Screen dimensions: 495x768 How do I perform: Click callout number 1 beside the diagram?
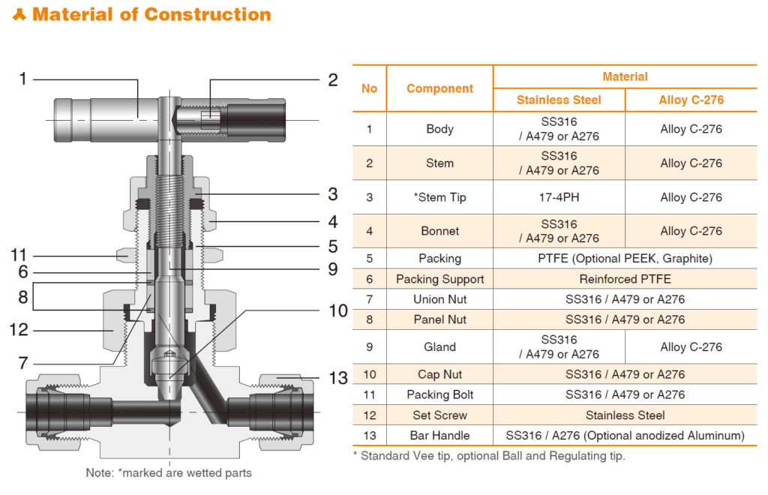tap(23, 79)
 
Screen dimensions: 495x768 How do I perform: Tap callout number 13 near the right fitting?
tap(339, 379)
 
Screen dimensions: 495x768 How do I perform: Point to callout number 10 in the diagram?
tap(339, 310)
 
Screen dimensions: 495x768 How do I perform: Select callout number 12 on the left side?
tap(18, 329)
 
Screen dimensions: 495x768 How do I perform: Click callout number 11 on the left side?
tap(18, 255)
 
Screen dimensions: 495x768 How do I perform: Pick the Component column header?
tap(439, 88)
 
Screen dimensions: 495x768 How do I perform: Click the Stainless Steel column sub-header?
tap(559, 100)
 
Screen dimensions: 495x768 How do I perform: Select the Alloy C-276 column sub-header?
tap(691, 100)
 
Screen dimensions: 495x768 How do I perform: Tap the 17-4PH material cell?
tap(559, 197)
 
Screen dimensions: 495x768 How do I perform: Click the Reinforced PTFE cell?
tap(625, 279)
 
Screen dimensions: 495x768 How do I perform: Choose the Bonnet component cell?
tap(439, 231)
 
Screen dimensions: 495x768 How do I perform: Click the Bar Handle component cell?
tap(439, 436)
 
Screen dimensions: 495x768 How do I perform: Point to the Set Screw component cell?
tap(439, 415)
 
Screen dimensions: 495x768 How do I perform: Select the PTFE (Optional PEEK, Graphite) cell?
tap(625, 259)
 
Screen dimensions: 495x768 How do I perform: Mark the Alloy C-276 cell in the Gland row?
tap(691, 347)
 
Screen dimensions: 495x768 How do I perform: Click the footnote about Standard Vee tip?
tap(488, 456)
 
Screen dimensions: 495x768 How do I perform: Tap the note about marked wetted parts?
tap(169, 473)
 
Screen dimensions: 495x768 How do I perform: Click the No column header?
tap(369, 88)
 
